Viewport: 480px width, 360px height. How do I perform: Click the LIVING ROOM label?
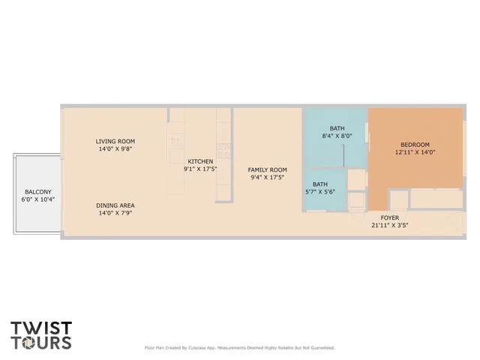point(115,141)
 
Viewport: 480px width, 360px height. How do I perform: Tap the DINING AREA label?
point(115,205)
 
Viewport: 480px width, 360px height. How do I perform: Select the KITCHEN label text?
point(200,161)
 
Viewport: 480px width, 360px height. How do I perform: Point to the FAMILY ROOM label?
point(268,169)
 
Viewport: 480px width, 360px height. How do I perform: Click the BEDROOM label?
point(415,144)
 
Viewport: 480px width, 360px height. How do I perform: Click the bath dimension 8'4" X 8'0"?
point(337,136)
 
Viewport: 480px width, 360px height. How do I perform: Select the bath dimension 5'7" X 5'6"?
point(320,192)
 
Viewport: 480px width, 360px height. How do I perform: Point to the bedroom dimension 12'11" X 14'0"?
point(415,152)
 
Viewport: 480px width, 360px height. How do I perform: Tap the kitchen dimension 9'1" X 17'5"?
point(200,169)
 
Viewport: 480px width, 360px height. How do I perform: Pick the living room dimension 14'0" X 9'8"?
point(115,149)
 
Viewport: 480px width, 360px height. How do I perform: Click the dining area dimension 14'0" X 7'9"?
point(115,213)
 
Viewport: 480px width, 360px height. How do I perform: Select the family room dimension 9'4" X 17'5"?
point(268,178)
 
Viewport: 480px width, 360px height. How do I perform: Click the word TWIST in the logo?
point(41,328)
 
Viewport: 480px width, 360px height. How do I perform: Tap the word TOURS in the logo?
point(41,343)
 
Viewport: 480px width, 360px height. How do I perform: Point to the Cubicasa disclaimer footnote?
point(239,347)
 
